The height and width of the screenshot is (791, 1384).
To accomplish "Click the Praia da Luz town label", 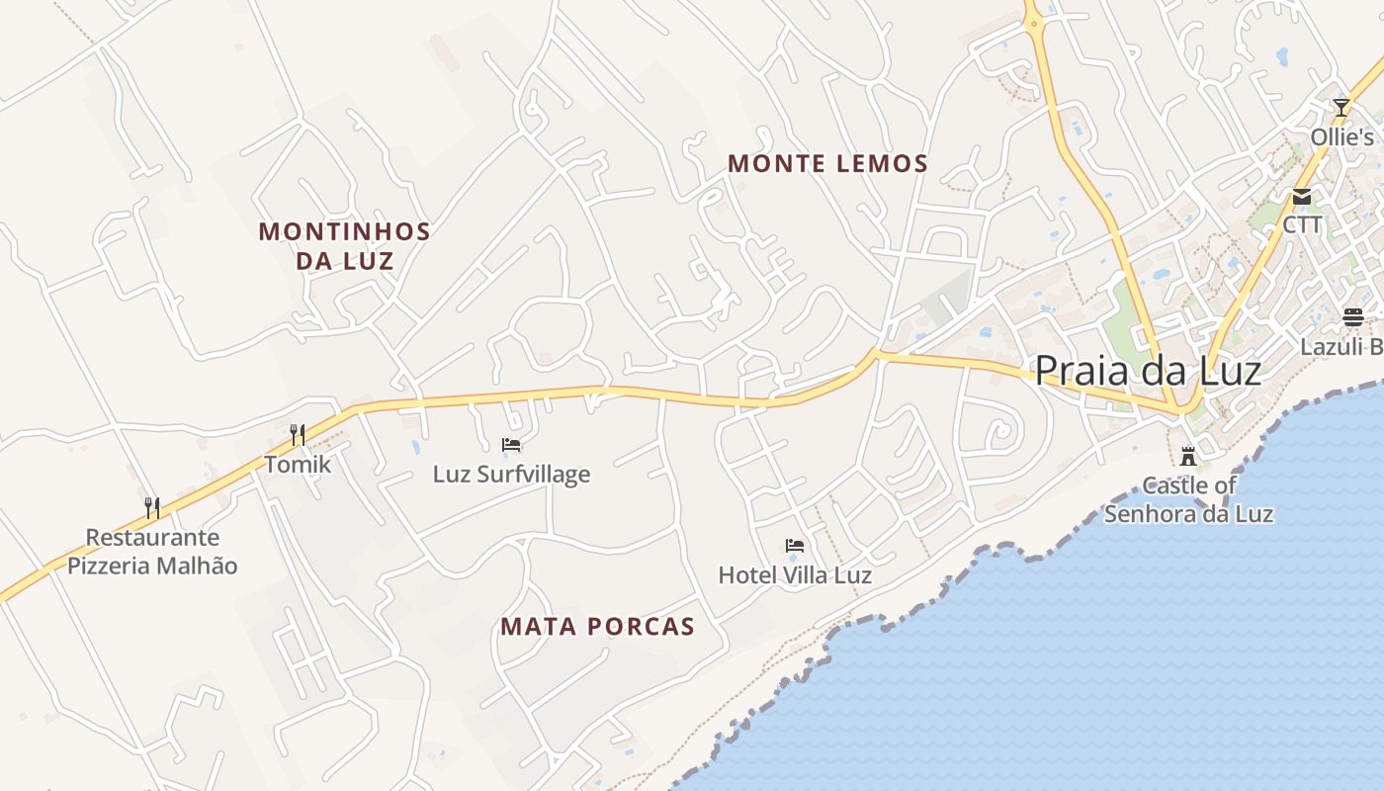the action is click(x=1147, y=372).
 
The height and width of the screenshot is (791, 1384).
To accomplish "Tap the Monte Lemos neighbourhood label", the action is click(x=827, y=164).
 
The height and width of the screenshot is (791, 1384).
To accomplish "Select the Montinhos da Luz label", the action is click(x=344, y=246).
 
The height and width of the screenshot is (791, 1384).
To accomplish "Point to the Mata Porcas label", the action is click(x=597, y=627).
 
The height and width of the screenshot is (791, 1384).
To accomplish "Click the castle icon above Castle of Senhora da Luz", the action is click(x=1188, y=457).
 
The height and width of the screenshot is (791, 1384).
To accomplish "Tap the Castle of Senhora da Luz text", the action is click(x=1188, y=499).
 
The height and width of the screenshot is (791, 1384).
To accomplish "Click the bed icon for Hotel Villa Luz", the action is click(x=795, y=545).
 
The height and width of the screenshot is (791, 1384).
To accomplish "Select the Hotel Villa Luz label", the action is click(x=795, y=574).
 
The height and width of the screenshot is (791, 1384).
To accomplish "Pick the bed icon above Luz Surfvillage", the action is click(x=511, y=445).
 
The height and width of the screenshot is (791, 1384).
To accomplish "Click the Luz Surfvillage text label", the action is click(x=511, y=475).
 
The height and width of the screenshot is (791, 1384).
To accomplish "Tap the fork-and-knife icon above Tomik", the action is click(x=297, y=434).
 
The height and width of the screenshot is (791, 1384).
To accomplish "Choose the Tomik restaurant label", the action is click(x=298, y=464).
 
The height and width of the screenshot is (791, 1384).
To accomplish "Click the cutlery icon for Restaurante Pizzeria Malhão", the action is click(x=152, y=508).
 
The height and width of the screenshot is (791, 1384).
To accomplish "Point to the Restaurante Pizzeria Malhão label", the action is click(x=152, y=552).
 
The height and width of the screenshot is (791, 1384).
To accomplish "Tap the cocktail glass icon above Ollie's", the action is click(x=1341, y=107).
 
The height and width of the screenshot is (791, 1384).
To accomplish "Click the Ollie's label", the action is click(x=1342, y=137).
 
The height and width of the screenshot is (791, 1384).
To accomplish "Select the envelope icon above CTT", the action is click(x=1302, y=197).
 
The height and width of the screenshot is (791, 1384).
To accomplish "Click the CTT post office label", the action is click(x=1302, y=225).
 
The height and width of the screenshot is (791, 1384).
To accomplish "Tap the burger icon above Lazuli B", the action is click(x=1353, y=317).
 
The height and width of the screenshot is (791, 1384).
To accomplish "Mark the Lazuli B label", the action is click(x=1341, y=347).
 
